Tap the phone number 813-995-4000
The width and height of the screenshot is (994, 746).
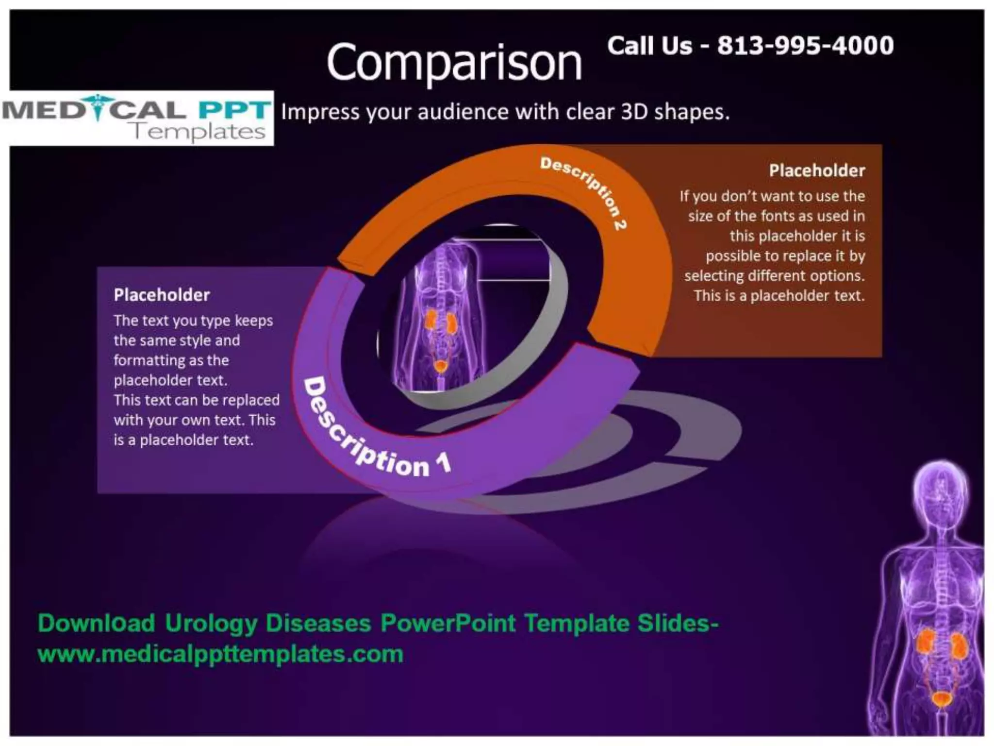point(805,46)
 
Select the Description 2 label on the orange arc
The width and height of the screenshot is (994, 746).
point(584,192)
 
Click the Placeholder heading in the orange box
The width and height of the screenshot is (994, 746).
point(817,171)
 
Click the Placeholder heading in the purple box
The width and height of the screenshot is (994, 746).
point(162,295)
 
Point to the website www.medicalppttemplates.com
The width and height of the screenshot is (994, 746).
point(220,654)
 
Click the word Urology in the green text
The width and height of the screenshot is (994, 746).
point(211,624)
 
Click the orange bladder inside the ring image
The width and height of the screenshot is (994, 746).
point(441,366)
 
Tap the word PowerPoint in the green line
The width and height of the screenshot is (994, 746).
point(447,624)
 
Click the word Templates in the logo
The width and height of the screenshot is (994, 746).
point(199,132)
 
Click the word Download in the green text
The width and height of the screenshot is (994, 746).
point(97,624)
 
